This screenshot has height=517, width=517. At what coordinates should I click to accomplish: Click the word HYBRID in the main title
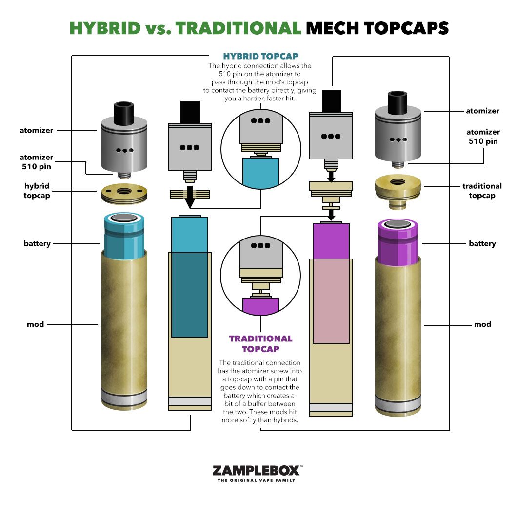tap(105, 28)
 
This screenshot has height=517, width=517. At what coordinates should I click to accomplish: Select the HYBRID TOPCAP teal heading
tap(261, 56)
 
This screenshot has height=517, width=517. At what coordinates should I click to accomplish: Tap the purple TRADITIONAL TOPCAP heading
tap(261, 343)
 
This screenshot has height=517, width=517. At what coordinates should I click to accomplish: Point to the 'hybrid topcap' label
tap(37, 191)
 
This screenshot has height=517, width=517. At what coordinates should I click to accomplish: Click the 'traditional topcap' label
tap(482, 191)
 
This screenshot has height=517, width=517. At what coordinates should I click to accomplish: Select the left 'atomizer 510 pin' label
tap(36, 162)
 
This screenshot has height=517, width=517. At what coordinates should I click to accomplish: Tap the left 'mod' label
tap(35, 324)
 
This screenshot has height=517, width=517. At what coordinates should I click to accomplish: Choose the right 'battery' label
tap(482, 244)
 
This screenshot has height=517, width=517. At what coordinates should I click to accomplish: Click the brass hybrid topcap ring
tap(124, 194)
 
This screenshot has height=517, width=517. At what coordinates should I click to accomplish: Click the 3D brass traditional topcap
tap(398, 191)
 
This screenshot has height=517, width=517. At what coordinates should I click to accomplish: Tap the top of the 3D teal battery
tap(124, 218)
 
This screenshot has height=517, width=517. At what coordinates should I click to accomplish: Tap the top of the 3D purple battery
tap(398, 224)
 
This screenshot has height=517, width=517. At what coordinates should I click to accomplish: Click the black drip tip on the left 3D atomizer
tap(124, 114)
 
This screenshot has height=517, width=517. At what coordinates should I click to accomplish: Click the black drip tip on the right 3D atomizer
tap(398, 102)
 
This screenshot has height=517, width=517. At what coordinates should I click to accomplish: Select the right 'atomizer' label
tap(482, 111)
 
